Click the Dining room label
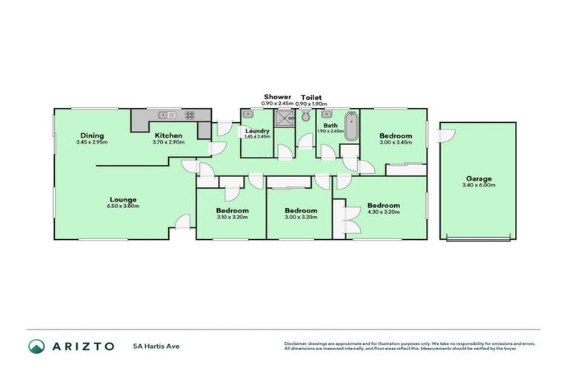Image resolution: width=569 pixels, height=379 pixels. click(x=92, y=135)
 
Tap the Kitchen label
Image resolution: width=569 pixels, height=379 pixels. click(x=169, y=135)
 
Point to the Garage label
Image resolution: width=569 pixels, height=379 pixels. click(x=479, y=178)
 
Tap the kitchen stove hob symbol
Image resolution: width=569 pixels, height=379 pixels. click(x=189, y=115)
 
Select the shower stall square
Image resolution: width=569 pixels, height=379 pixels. click(x=284, y=118)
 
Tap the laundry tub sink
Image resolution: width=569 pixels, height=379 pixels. click(x=247, y=115)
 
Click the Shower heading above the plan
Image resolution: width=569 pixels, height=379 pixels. click(x=278, y=97)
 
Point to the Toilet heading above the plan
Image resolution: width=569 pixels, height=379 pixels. click(x=310, y=97)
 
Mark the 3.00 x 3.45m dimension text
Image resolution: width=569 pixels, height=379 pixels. click(x=396, y=142)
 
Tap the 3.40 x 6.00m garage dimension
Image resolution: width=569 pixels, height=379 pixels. click(x=479, y=185)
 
